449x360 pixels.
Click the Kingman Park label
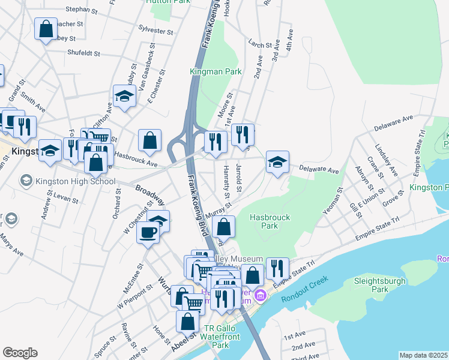click(215, 71)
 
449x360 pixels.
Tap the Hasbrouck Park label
click(264, 221)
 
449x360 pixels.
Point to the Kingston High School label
click(74, 181)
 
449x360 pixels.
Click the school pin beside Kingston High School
click(26, 180)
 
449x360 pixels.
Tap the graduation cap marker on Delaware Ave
click(277, 162)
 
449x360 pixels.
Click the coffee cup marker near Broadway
click(148, 232)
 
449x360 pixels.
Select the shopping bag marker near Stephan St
click(46, 29)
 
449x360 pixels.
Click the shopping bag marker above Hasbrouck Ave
click(150, 141)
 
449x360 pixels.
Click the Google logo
click(20, 353)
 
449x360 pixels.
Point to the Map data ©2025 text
click(423, 355)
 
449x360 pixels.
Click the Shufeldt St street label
click(83, 53)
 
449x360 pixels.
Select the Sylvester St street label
click(155, 29)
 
